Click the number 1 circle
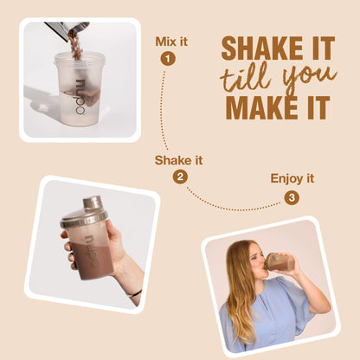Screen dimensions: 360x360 click(168, 59)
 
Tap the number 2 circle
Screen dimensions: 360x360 click(180, 177)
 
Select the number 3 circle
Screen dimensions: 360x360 click(292, 197)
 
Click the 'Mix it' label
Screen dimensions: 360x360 click(171, 42)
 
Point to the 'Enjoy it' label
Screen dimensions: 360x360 click(292, 178)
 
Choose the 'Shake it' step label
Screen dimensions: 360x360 click(178, 160)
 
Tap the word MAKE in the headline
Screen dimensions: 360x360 click(261, 107)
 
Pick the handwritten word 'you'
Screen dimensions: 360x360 click(309, 79)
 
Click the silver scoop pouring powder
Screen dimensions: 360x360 click(67, 27)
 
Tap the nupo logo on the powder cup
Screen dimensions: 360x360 click(80, 97)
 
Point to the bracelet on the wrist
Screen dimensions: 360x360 click(134, 294)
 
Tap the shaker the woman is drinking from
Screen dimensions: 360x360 click(280, 262)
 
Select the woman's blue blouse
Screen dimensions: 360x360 click(267, 314)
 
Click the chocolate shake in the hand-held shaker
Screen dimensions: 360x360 click(90, 260)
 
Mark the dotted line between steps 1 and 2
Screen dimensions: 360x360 click(163, 111)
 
